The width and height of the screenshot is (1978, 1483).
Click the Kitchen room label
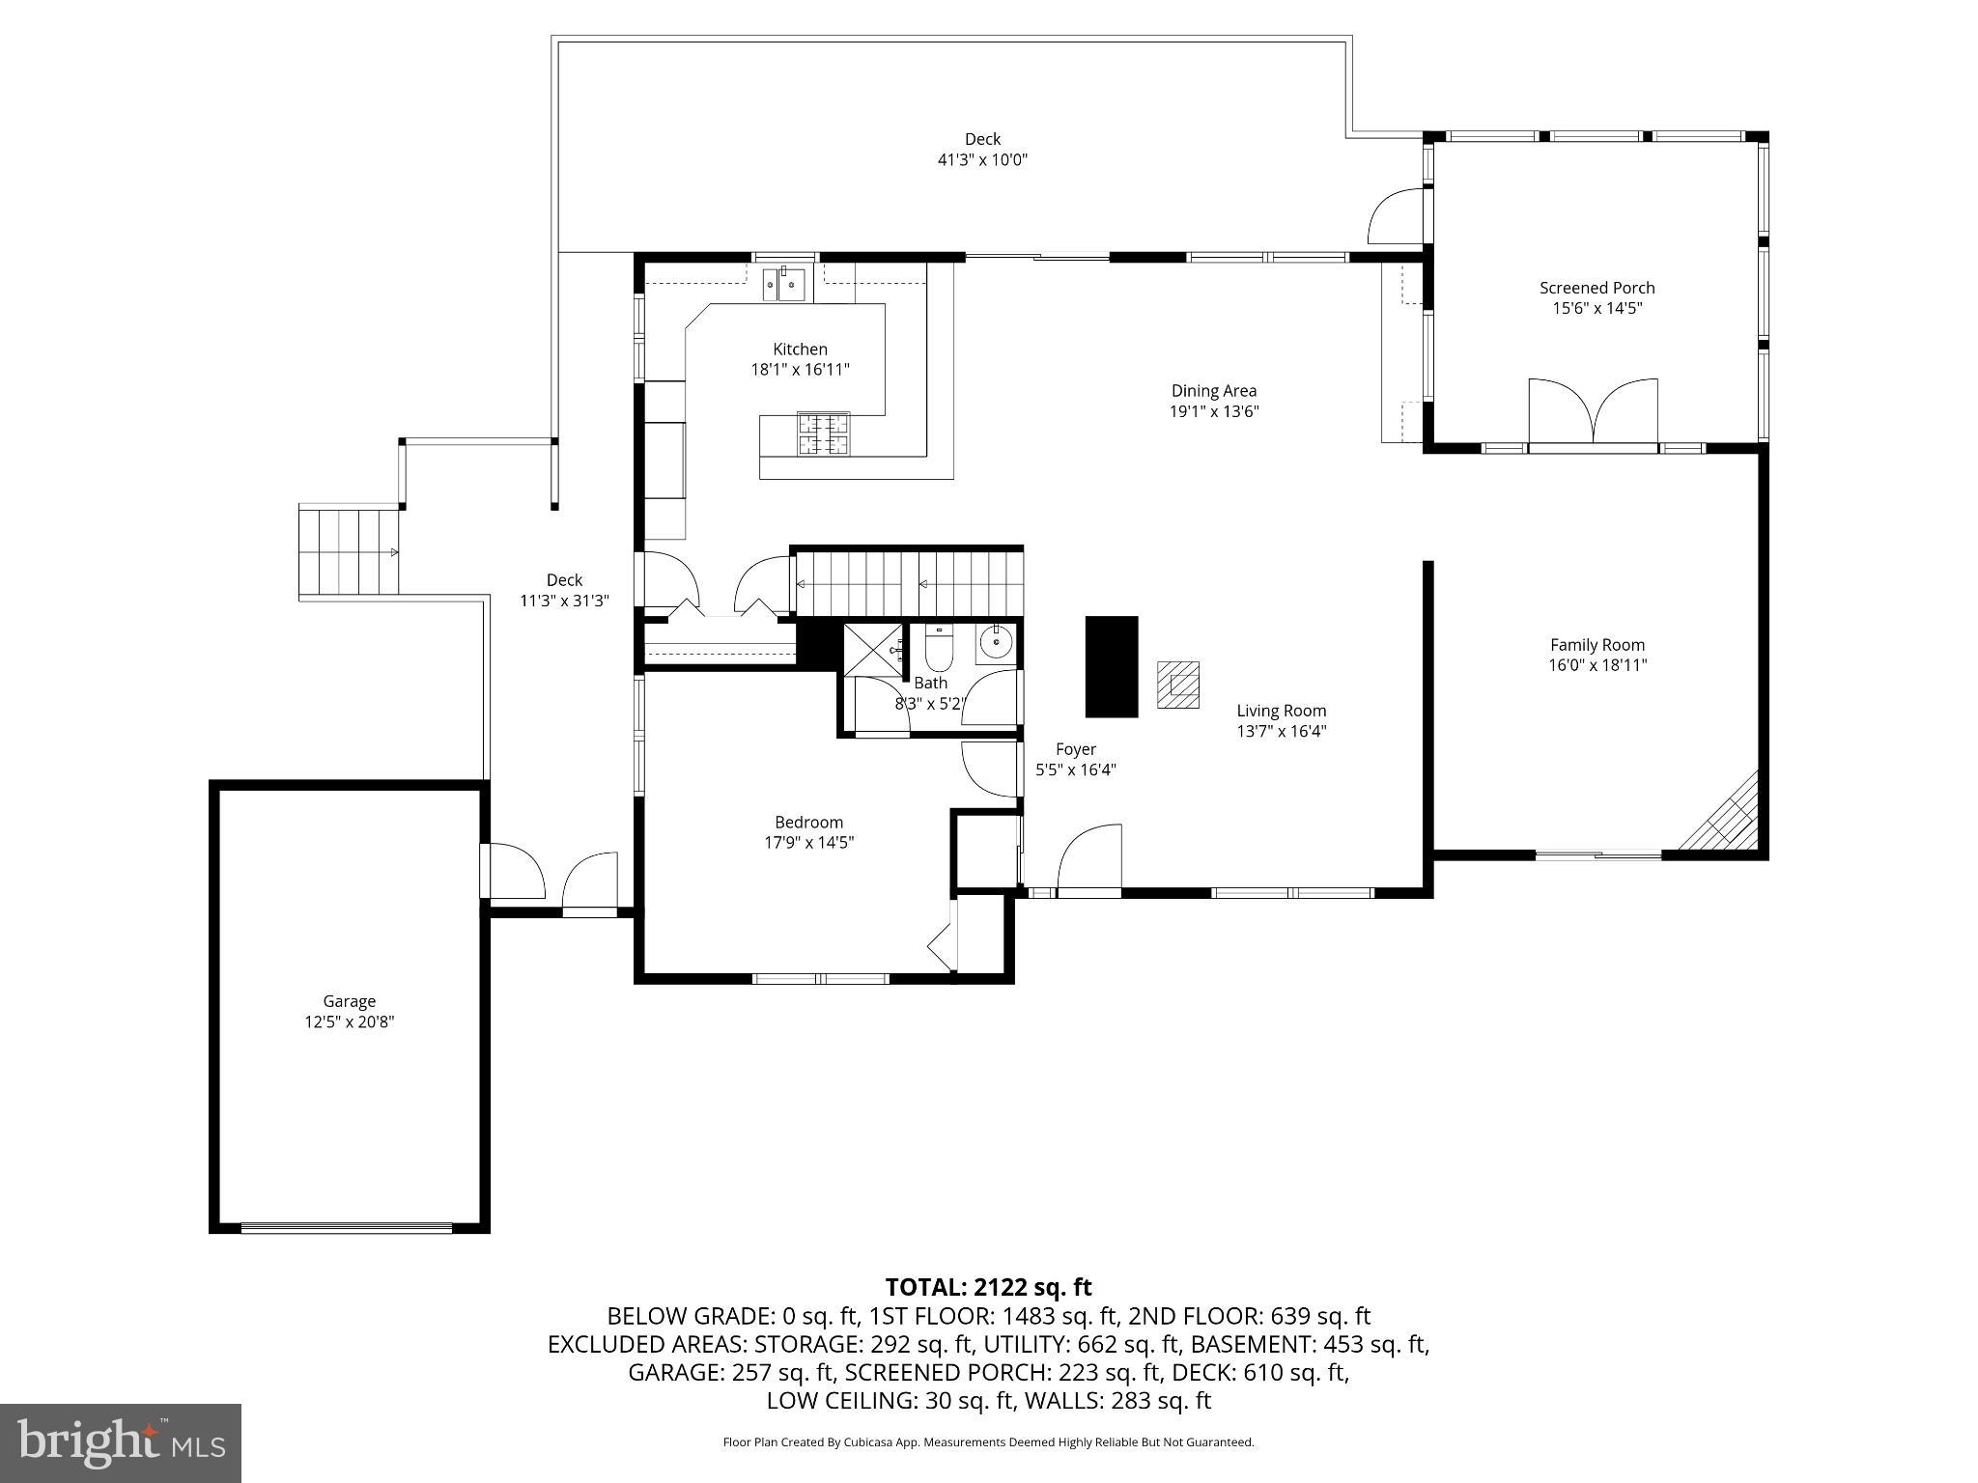click(x=800, y=350)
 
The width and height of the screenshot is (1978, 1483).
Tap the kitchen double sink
click(x=784, y=284)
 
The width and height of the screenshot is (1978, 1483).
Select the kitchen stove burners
click(x=823, y=434)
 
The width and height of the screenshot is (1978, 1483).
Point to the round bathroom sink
click(x=995, y=641)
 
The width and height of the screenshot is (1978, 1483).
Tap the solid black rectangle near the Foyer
click(x=1112, y=666)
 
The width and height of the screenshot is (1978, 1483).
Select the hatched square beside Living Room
click(x=1178, y=685)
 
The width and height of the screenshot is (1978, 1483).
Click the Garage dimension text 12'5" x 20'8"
click(x=349, y=1022)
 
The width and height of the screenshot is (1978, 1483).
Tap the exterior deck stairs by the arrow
click(x=349, y=551)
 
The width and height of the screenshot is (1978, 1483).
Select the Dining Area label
click(x=1214, y=391)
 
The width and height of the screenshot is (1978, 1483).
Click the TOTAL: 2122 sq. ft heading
click(x=988, y=1287)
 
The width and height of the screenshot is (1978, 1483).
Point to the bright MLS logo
click(x=121, y=1442)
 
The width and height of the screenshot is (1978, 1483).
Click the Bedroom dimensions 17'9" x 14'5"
click(x=809, y=843)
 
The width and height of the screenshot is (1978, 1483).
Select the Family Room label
click(x=1597, y=645)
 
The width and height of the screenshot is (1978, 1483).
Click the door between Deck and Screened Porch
click(x=1395, y=216)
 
